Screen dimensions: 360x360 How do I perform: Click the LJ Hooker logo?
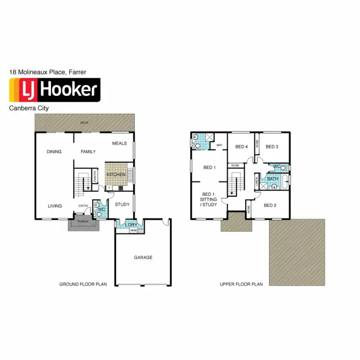click(55, 90)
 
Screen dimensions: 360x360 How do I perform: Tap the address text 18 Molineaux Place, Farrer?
click(48, 72)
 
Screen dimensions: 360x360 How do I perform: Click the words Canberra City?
click(29, 108)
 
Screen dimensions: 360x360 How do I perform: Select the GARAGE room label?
click(143, 258)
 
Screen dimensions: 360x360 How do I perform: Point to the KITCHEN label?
click(116, 174)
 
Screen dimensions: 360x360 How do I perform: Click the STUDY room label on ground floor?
click(122, 204)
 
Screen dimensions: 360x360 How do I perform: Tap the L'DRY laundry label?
click(131, 225)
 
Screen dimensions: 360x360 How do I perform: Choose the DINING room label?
click(54, 152)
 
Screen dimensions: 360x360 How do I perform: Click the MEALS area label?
click(120, 144)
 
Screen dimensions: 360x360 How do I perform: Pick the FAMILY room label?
click(88, 152)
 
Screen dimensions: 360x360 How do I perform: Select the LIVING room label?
click(55, 206)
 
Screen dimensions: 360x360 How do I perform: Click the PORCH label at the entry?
click(83, 222)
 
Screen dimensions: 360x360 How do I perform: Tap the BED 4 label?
click(240, 147)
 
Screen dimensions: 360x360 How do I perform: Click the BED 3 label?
click(272, 147)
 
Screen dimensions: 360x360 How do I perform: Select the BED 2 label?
click(271, 205)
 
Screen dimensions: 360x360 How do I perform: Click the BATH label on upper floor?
click(273, 179)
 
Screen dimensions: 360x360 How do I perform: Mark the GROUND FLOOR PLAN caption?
click(83, 284)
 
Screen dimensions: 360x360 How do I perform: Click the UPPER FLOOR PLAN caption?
click(241, 284)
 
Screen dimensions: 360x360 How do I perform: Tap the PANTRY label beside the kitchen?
click(95, 178)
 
